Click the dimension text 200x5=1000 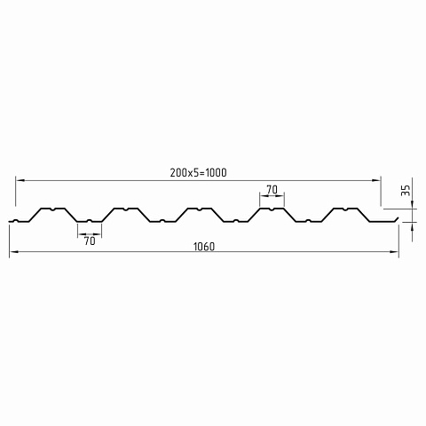coord(198,172)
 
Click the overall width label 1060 coord(204,247)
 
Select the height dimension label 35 coord(406,191)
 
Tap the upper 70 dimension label coord(272,190)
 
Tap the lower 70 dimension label coord(90,241)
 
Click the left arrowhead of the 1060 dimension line coord(13,252)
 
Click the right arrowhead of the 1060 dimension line coord(394,252)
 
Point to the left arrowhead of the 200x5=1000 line coord(20,180)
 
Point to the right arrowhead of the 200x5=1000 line coord(376,180)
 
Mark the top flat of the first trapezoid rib coord(52,209)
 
